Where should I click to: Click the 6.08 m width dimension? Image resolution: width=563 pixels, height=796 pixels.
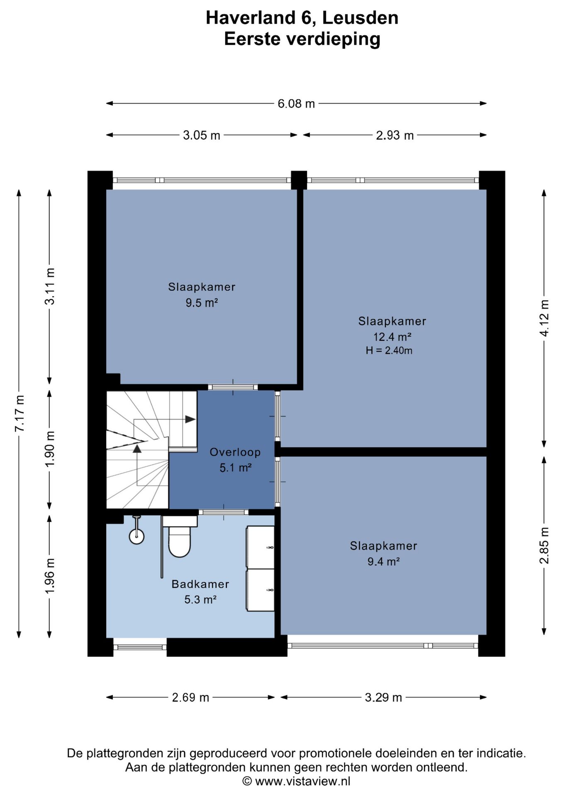coord(296,103)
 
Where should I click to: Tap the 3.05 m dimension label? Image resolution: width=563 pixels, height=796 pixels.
coord(201,135)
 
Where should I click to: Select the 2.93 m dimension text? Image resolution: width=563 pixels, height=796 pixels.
coord(395,135)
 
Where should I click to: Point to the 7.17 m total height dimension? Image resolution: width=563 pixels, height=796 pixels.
coord(19,413)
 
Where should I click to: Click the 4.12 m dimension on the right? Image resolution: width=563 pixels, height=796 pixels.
coord(544,318)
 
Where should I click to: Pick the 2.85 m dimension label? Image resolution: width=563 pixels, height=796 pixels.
coord(544,546)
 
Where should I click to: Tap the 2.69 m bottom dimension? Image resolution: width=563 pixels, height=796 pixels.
coord(190,697)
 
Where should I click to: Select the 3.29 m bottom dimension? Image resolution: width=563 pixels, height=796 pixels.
coord(383,697)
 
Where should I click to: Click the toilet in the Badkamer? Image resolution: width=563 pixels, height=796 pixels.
coord(180,536)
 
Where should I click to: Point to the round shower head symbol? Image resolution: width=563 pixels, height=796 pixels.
coord(136,536)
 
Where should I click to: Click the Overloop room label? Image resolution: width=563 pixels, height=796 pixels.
coord(235,452)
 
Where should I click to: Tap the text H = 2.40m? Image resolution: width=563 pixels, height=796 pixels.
coord(389,350)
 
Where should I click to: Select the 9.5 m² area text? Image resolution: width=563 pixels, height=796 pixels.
coord(201,303)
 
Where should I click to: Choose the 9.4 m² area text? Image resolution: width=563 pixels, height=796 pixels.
coord(383,561)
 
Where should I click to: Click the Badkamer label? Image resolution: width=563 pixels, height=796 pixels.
coord(200,584)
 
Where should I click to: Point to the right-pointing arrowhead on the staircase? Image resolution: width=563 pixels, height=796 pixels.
coord(190,419)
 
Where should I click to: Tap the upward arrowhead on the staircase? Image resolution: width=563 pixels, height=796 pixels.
coord(137,448)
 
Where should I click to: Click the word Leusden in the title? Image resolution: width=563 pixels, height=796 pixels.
coord(360,18)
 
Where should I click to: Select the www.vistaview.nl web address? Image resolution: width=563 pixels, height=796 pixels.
coord(303,781)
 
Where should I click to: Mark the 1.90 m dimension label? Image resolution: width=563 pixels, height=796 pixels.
coord(50,449)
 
